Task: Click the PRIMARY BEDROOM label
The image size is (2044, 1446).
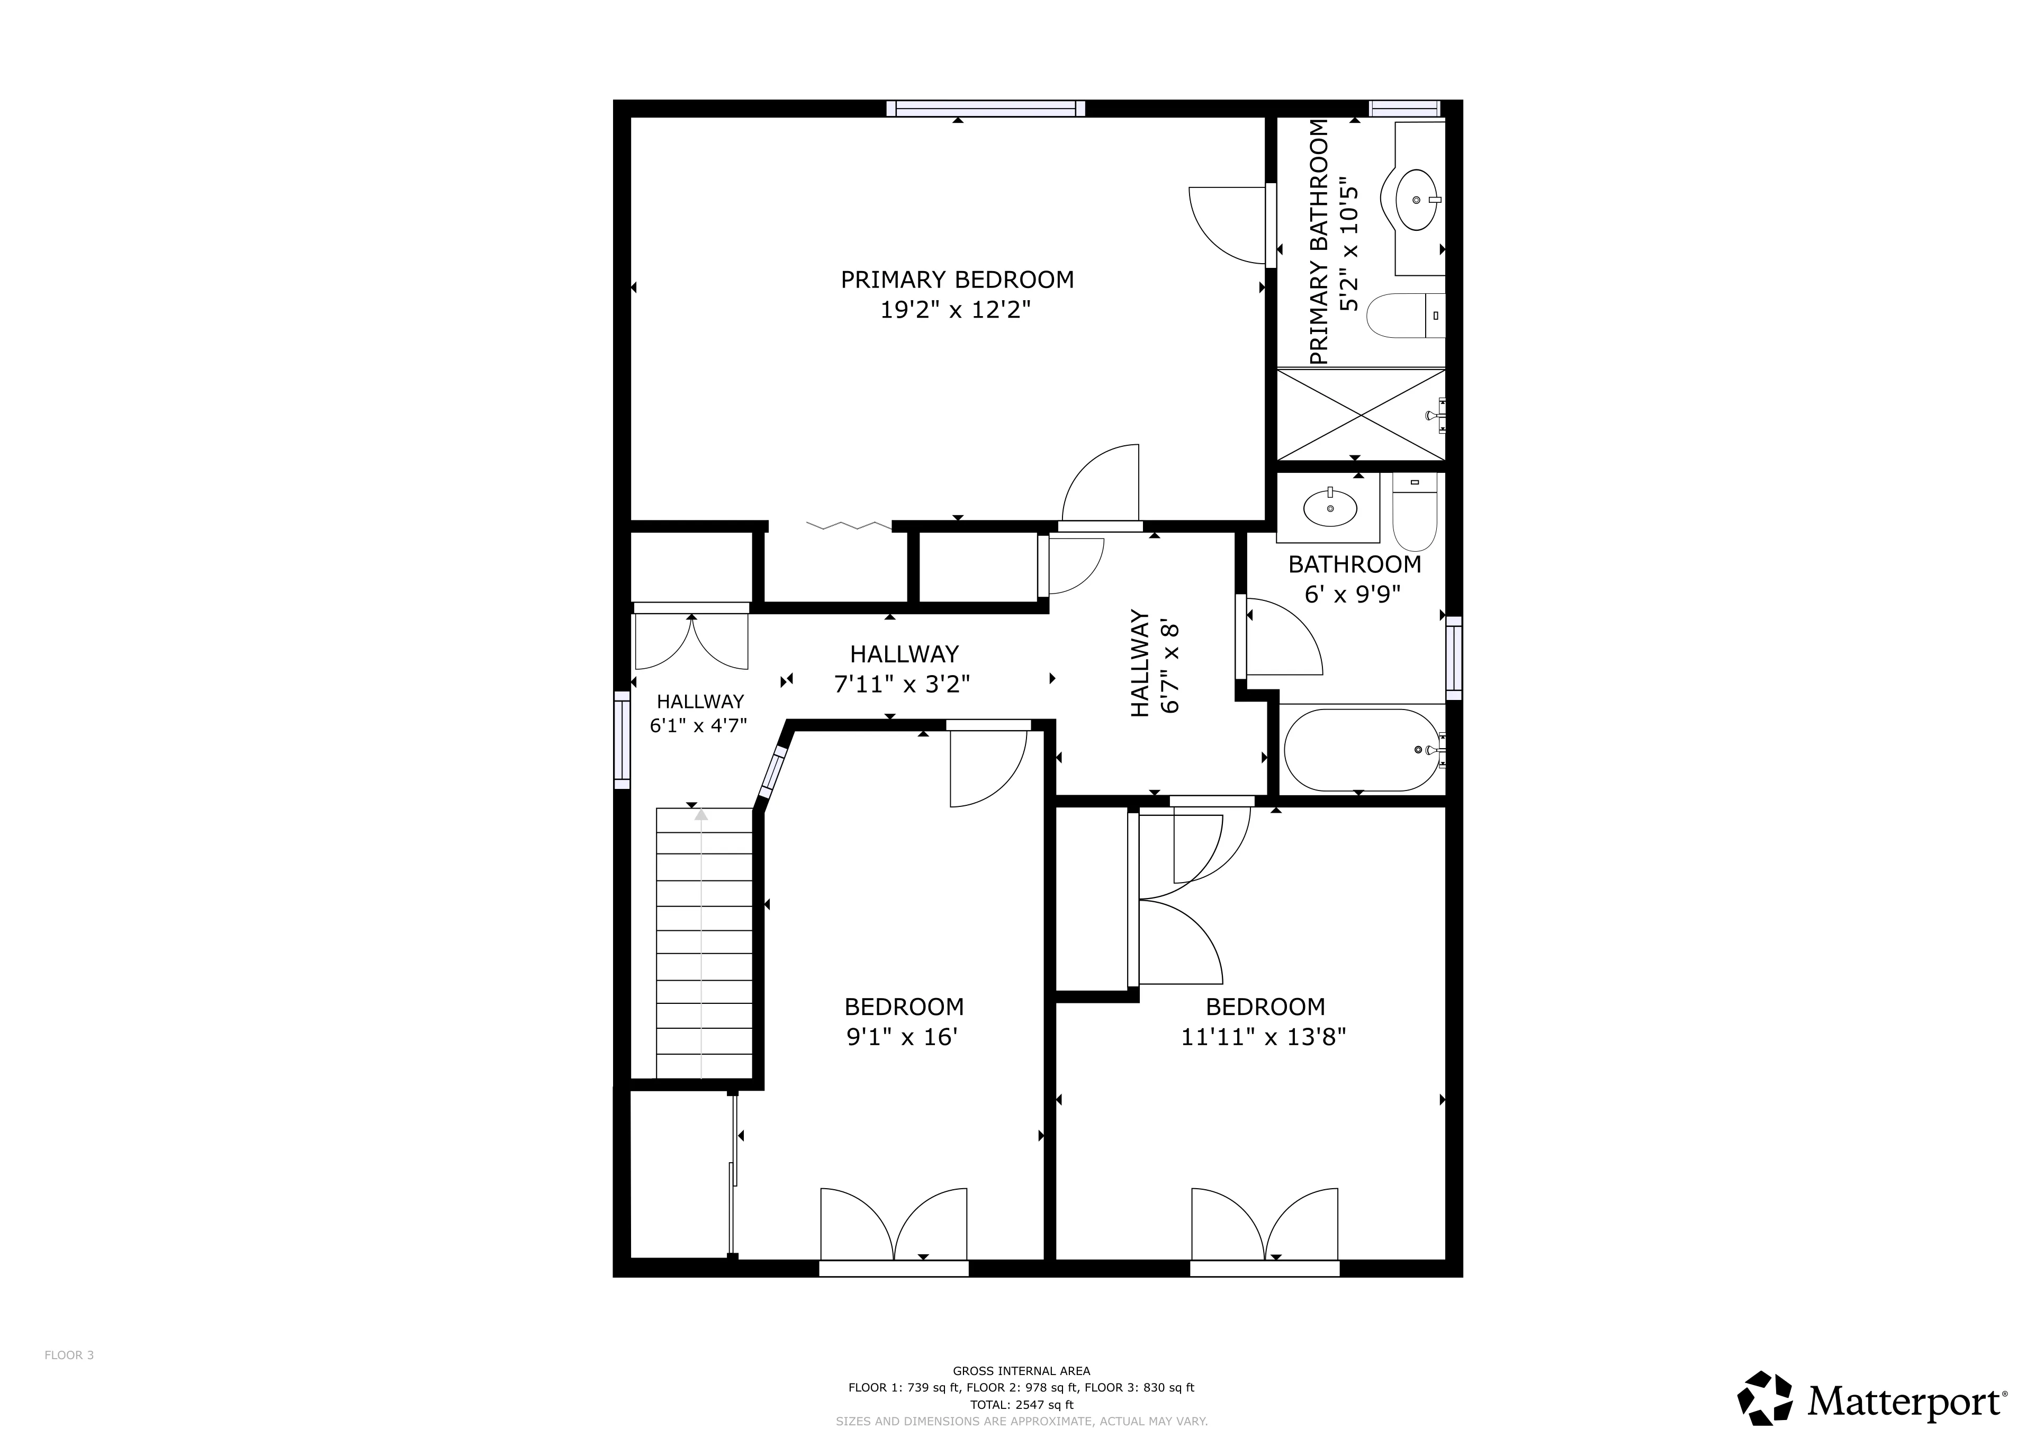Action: tap(957, 280)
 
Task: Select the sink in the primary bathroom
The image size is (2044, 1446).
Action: tap(1416, 200)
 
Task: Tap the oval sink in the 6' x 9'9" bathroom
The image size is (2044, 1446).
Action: tap(1330, 508)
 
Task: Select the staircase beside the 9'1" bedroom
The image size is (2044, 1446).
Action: tap(703, 944)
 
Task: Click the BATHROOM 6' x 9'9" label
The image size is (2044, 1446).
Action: tap(1354, 579)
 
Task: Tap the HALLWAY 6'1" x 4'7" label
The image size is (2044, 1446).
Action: tap(699, 713)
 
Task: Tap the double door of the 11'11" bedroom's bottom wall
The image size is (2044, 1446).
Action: tap(1264, 1229)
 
